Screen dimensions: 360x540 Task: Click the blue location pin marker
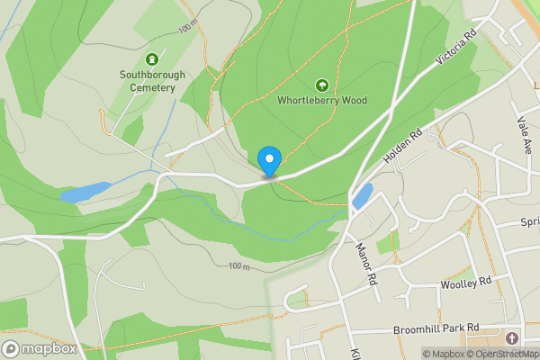pos(268,160)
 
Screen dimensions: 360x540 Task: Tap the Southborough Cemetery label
pos(152,81)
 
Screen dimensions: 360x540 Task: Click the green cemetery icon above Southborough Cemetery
pos(151,58)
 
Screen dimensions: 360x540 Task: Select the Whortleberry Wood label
pos(322,101)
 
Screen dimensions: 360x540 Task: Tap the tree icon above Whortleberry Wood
pos(321,85)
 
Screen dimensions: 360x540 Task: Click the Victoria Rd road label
pos(454,50)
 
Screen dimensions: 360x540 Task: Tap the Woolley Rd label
pos(466,282)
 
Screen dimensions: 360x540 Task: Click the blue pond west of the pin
pos(83,192)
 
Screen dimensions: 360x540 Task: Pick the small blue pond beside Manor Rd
pos(363,196)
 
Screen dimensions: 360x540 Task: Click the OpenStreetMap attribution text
pos(505,354)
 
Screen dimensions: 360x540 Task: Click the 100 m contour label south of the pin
pos(238,266)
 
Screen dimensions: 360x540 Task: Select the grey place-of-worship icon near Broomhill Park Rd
pos(512,338)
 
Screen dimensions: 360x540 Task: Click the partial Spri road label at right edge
pos(529,221)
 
